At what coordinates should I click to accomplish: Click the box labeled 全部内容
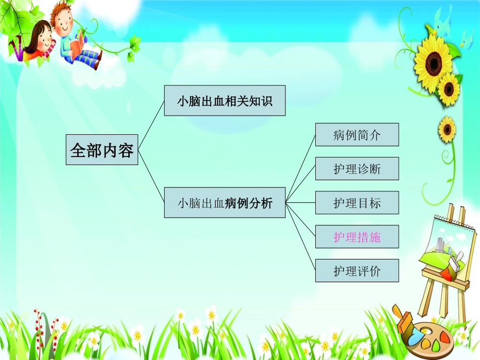click(x=102, y=150)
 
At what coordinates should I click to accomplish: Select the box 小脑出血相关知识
click(x=224, y=101)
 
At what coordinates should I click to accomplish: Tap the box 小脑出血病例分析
click(x=224, y=203)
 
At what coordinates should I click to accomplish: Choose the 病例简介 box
click(x=357, y=135)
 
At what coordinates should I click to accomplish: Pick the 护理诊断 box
click(x=357, y=169)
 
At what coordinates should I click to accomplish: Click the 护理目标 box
click(x=357, y=203)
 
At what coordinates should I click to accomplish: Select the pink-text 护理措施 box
click(x=357, y=237)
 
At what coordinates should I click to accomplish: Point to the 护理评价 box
click(x=357, y=271)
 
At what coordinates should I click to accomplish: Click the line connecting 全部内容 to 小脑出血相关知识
click(x=151, y=126)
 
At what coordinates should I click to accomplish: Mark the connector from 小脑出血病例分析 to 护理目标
click(x=300, y=203)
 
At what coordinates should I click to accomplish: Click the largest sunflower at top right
click(x=434, y=62)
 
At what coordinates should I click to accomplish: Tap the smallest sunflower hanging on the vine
click(x=447, y=129)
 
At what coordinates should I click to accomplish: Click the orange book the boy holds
click(x=76, y=48)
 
